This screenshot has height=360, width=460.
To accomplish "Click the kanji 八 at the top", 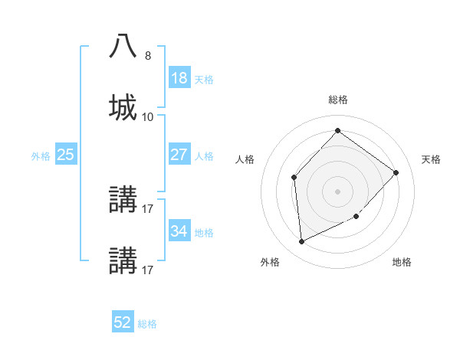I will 123,46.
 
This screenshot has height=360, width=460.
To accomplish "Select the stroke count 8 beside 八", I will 148,55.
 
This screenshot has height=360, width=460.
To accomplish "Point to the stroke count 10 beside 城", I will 148,116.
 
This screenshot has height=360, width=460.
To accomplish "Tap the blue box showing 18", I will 179,78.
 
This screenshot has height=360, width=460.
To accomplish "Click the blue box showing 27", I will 179,155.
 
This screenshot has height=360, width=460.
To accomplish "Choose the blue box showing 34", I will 179,231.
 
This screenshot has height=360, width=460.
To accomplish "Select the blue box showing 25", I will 66,155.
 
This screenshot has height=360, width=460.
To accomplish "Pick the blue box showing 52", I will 123,323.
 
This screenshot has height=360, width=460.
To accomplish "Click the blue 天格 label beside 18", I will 204,80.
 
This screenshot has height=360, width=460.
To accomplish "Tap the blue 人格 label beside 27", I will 204,156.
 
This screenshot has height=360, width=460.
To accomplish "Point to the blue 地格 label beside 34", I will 204,233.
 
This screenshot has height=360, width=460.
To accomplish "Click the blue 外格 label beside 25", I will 41,156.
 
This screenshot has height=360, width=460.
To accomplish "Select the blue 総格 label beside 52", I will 147,325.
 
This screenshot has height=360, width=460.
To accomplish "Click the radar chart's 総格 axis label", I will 338,100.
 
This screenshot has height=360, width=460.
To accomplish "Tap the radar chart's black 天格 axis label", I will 431,159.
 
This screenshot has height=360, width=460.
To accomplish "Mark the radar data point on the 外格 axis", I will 301,242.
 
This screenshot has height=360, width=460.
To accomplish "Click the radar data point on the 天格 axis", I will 396,172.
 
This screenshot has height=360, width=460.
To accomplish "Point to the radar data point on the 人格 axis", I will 294,178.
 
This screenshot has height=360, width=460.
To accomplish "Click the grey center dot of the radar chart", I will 337,191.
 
